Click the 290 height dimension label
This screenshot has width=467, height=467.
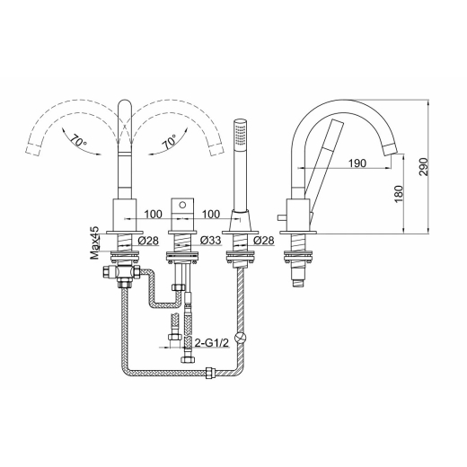point(424,167)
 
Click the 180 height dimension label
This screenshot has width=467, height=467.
point(399,194)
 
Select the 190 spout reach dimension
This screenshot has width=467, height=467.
point(357,163)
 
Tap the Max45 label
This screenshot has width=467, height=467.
point(94,242)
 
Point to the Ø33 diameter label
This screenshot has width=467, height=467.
point(210,240)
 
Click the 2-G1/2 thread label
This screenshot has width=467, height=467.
point(212,343)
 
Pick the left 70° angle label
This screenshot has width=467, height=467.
point(78,140)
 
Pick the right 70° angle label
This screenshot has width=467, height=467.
point(171,142)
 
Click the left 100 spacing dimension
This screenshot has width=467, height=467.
point(154,215)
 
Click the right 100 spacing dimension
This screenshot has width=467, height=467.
point(211,215)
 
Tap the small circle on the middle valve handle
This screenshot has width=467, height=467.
point(182,205)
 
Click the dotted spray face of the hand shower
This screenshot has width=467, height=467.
point(240,134)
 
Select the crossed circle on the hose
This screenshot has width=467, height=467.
point(240,337)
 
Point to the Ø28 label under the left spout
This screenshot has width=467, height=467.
point(148,240)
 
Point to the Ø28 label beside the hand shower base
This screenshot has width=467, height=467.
point(263,240)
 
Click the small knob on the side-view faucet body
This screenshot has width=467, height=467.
point(282,217)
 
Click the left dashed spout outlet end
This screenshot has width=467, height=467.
point(32,148)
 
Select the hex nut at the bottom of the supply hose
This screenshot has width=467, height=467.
point(188,359)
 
